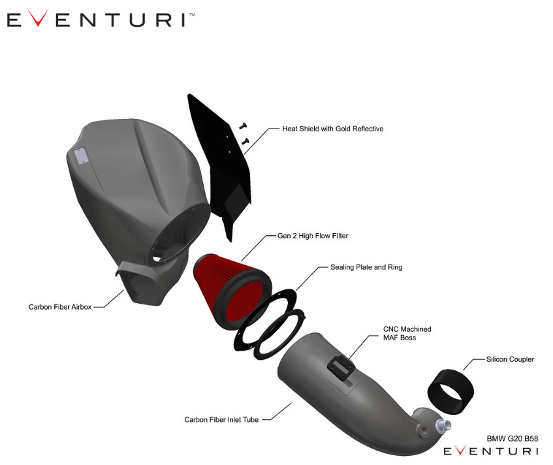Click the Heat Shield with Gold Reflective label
332,129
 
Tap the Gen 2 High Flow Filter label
313,236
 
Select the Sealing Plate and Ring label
366,267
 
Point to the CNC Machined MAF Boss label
407,334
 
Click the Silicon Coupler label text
510,359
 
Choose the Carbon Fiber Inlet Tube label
221,419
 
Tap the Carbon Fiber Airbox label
60,307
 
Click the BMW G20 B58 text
512,438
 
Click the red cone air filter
231,290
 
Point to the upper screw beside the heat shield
243,125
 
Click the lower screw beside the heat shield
245,141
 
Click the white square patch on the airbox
80,155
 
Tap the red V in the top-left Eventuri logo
38,18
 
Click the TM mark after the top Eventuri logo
193,15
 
